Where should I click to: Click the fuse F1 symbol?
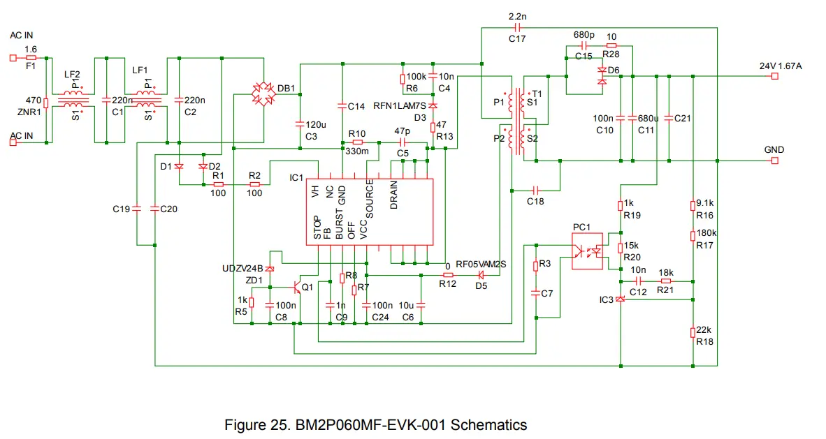click(x=31, y=59)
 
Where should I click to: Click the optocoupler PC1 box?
click(x=589, y=251)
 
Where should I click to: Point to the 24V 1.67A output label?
click(x=781, y=66)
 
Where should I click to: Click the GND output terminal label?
click(x=774, y=150)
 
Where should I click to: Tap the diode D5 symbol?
click(x=481, y=274)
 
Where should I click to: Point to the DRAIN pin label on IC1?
click(x=394, y=195)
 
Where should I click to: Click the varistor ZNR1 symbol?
click(x=46, y=103)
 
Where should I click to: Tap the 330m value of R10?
click(x=357, y=151)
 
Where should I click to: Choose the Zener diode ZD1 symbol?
click(x=270, y=269)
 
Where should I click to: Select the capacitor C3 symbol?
click(x=300, y=124)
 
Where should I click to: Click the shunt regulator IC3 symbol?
click(x=621, y=299)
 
